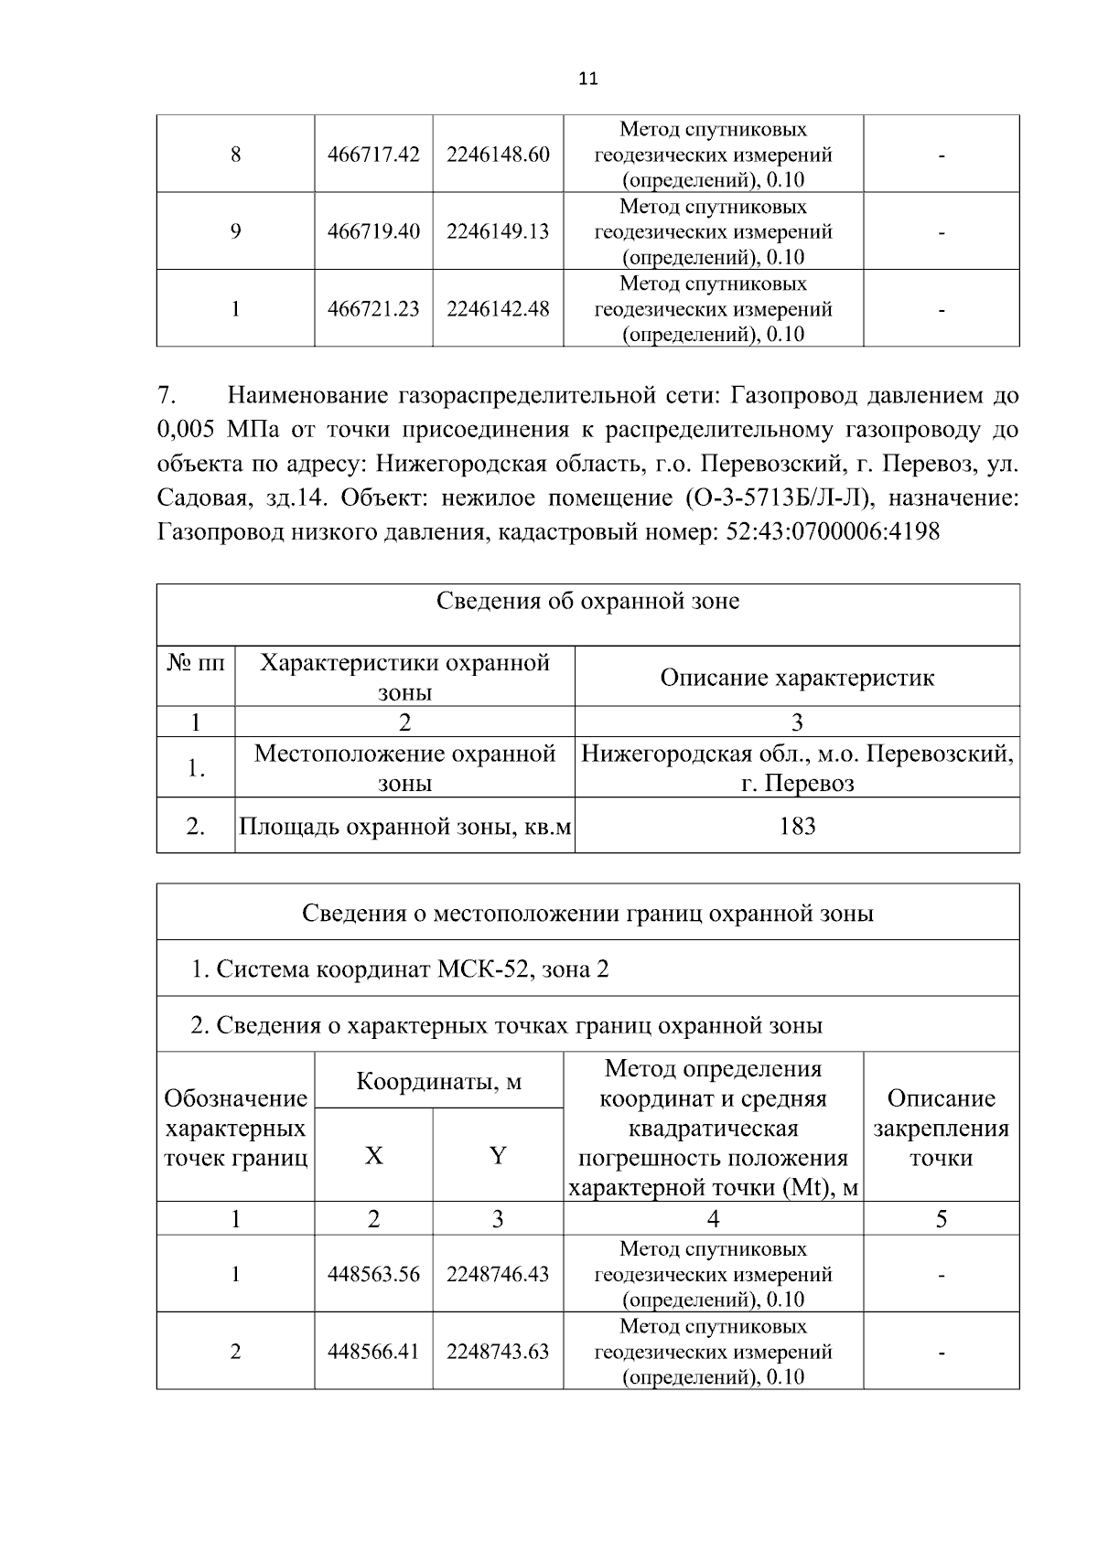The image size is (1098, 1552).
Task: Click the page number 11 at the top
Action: click(588, 79)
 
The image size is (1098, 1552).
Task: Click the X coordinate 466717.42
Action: click(373, 155)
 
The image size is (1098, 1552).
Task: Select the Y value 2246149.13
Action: click(498, 231)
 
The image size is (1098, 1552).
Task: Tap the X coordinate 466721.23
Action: click(373, 309)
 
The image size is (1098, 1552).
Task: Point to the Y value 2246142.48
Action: click(498, 309)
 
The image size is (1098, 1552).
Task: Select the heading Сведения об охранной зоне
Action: click(587, 602)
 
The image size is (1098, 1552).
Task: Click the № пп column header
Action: click(195, 662)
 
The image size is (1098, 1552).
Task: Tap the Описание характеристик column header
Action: click(797, 678)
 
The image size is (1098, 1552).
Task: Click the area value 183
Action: click(797, 827)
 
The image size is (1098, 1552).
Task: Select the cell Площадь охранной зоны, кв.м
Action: click(404, 827)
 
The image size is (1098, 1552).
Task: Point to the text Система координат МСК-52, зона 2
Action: click(400, 969)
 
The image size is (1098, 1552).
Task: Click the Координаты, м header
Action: click(438, 1082)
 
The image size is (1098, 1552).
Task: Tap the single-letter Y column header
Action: click(498, 1156)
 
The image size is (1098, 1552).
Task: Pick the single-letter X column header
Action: click(373, 1156)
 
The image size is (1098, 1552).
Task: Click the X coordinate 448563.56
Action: click(373, 1274)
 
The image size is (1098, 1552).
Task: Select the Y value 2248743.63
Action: click(498, 1352)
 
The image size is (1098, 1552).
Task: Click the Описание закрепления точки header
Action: click(941, 1128)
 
